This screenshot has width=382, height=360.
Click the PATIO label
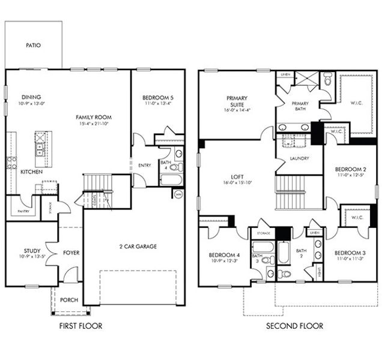33,45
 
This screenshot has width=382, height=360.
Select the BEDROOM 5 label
157,98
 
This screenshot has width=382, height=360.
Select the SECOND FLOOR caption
294,326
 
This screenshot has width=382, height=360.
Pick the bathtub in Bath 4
171,179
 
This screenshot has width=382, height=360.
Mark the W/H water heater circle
178,194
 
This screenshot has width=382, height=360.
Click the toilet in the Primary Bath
327,79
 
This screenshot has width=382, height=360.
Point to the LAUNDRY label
299,158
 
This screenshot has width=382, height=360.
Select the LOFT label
237,177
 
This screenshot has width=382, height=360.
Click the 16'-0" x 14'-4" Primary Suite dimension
237,110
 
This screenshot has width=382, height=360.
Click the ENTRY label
144,166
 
